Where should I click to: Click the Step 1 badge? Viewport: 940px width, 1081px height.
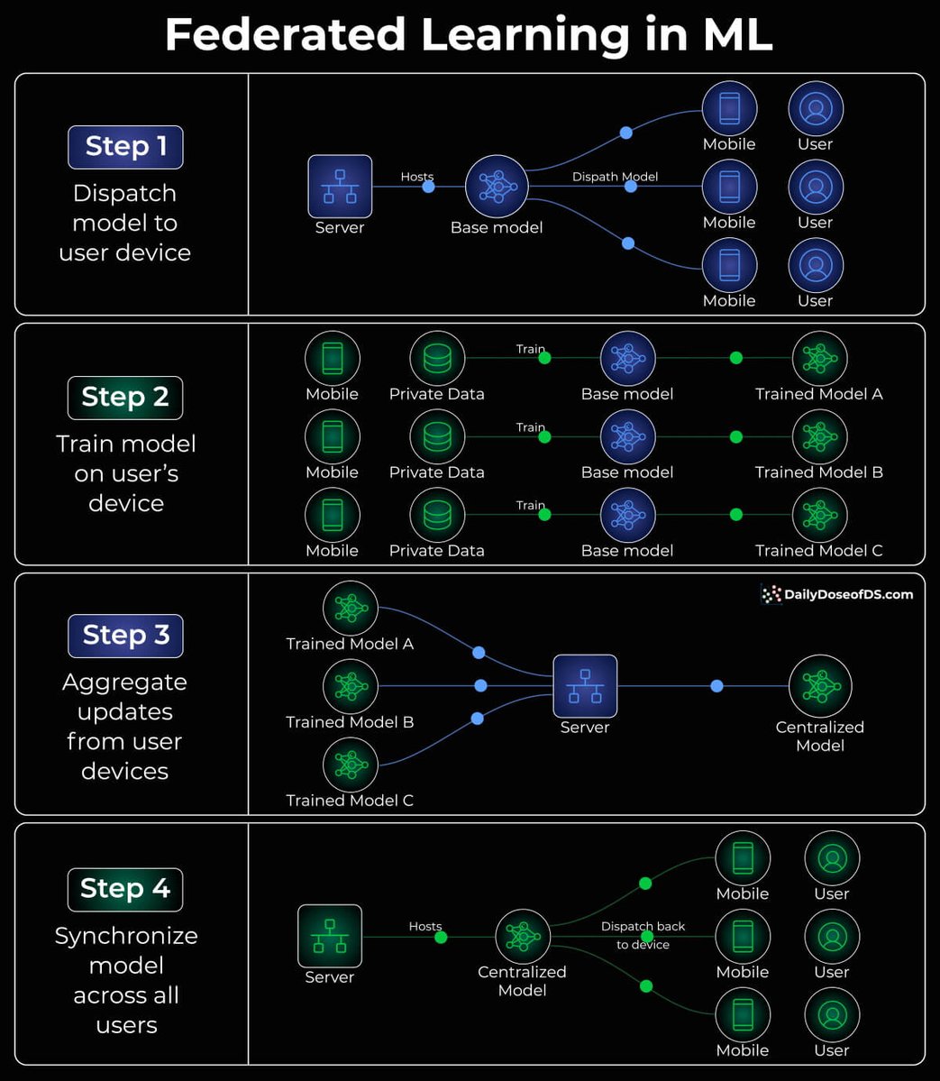pos(125,147)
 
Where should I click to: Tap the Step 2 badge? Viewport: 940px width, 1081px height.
pos(125,398)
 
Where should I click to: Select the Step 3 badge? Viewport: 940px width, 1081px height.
pos(125,636)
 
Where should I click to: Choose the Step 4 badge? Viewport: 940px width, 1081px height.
pos(125,889)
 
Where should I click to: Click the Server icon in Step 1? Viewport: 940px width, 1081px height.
pos(340,187)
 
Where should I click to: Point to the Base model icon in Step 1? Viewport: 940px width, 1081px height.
pos(496,187)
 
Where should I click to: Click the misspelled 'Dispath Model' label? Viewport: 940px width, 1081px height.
pos(615,177)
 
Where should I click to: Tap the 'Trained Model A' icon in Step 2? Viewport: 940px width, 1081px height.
pos(819,359)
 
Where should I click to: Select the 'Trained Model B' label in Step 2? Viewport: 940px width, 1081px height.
pos(818,472)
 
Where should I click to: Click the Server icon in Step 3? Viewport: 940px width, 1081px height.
pos(585,687)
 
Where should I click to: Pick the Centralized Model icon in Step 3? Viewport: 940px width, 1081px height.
pos(820,687)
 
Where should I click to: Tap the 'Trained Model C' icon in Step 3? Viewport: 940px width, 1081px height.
pos(350,765)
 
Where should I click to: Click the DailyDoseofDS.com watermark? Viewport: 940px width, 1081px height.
pos(837,594)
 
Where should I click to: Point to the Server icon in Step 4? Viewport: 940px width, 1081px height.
pos(330,937)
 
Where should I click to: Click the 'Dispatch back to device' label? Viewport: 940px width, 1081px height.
pos(643,935)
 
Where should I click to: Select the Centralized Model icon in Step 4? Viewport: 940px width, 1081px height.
pos(523,937)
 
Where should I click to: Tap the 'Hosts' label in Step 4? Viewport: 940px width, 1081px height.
pos(425,926)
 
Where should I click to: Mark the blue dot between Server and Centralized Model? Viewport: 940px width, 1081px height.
pos(716,687)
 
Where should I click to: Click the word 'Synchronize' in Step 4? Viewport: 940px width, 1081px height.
pos(126,936)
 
